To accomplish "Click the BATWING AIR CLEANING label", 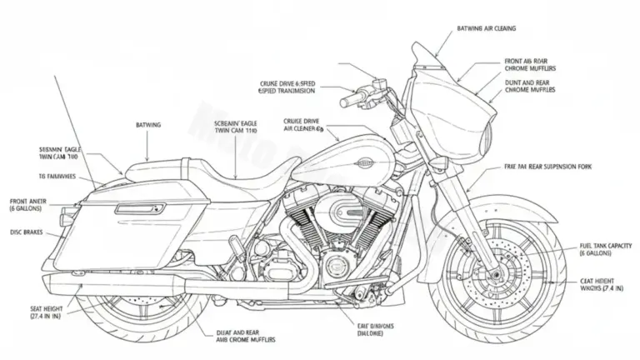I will (486, 28).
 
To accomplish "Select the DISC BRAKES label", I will (27, 232).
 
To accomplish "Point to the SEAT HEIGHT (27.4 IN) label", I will (34, 312).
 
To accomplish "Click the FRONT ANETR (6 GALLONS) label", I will (30, 205).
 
